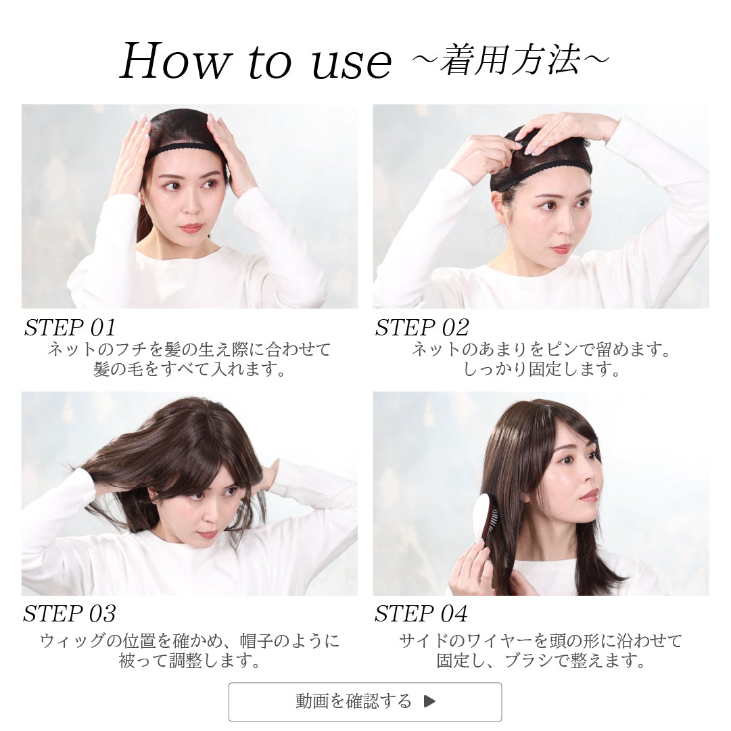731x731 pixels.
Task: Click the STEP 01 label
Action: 70,327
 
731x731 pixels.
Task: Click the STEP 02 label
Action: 422,327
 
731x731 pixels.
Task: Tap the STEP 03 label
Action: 70,613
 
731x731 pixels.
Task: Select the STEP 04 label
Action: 421,613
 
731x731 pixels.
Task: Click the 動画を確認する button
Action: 365,702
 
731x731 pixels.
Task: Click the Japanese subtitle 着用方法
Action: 511,60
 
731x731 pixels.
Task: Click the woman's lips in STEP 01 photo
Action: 190,228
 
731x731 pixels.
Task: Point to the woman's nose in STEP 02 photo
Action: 567,225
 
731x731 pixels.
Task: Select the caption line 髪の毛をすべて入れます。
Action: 189,369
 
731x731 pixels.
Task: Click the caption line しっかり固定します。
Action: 541,369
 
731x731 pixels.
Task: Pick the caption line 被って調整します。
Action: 189,661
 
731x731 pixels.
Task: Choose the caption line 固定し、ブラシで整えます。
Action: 541,661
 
